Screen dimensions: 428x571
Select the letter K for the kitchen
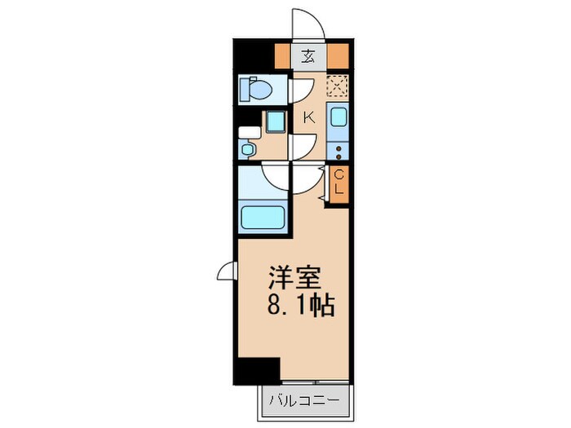(x=309, y=117)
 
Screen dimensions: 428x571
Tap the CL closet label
(x=339, y=183)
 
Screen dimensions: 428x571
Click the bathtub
(x=262, y=218)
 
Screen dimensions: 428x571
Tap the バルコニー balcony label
(x=308, y=402)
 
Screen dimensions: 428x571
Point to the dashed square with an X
(x=337, y=85)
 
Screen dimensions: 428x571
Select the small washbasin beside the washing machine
(x=247, y=149)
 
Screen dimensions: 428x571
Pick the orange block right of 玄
(x=338, y=56)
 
